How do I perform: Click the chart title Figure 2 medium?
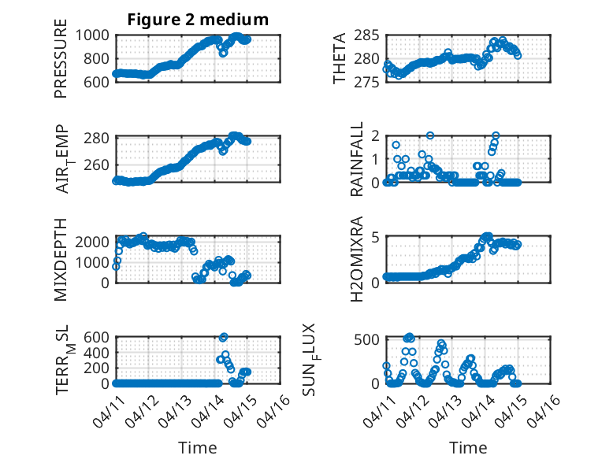click(x=198, y=20)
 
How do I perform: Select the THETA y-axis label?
click(x=340, y=59)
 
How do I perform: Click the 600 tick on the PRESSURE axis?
click(x=99, y=81)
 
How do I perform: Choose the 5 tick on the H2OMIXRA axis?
click(x=377, y=237)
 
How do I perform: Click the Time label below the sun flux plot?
click(x=468, y=447)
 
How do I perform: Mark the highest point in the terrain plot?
click(x=223, y=337)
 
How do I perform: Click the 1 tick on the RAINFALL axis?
click(x=377, y=159)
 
